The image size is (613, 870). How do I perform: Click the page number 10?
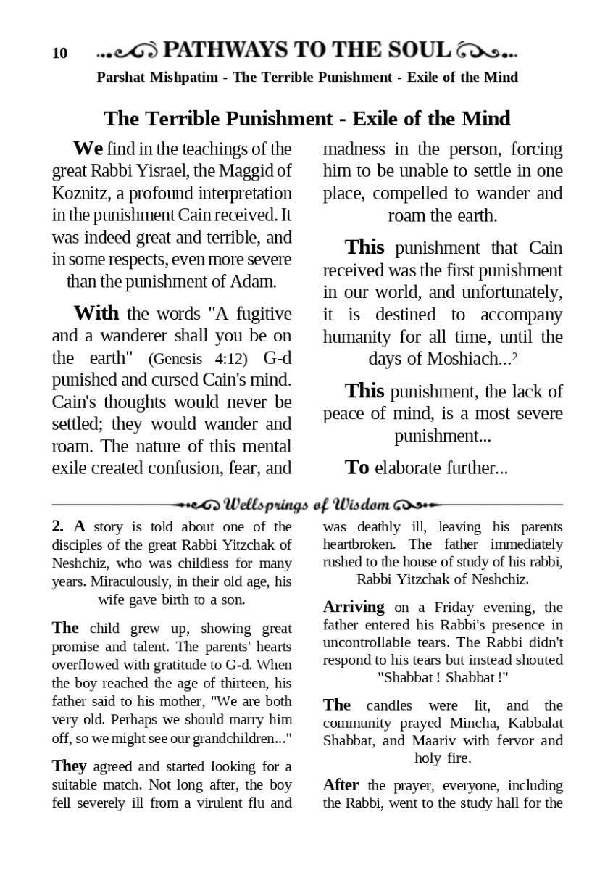point(59,54)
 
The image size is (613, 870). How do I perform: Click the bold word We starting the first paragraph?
point(88,149)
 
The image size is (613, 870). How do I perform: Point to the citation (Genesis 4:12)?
point(197,359)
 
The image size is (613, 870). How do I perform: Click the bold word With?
point(96,313)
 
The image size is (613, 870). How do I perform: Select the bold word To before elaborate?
point(357,468)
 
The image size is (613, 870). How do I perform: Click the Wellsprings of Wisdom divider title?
point(308,504)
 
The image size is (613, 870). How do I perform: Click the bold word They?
point(69,766)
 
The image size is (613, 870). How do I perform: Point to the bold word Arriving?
point(354,608)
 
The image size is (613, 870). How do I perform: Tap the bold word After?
point(341,785)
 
